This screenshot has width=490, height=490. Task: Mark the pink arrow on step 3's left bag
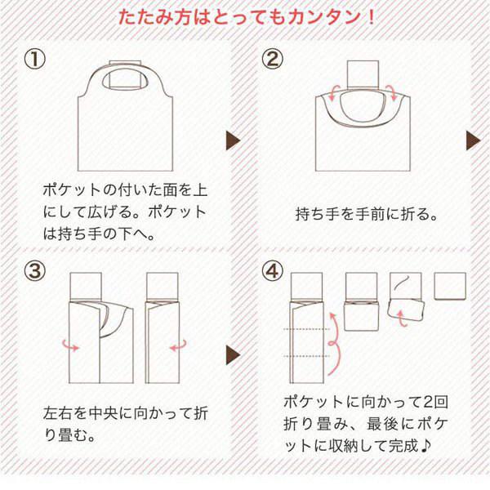(73, 348)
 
